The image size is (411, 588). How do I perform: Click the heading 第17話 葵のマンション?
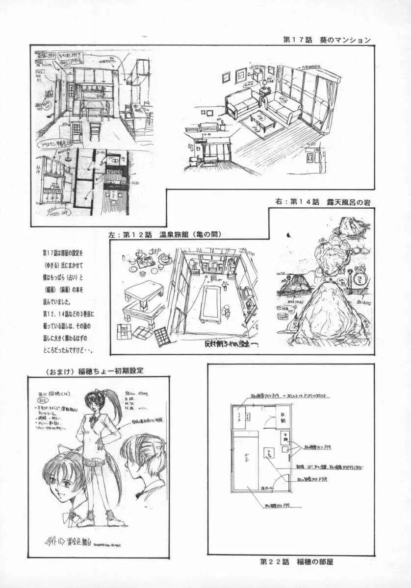click(x=327, y=40)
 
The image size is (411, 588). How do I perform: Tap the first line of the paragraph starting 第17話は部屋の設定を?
click(x=63, y=253)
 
